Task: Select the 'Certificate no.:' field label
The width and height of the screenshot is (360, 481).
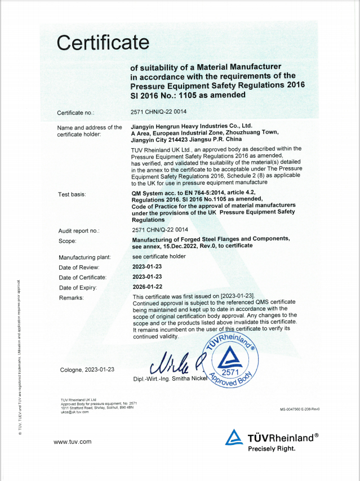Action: [x=79, y=113]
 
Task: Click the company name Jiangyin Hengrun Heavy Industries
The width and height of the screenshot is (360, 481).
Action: [x=192, y=127]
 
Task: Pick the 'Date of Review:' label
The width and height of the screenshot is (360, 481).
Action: [x=79, y=267]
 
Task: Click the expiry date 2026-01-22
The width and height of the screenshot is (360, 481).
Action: [x=147, y=287]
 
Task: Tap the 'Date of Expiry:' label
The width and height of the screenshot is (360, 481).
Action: [x=79, y=287]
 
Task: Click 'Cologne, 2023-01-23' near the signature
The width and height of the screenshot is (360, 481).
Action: [x=87, y=369]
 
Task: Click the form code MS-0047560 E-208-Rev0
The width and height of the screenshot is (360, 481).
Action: [x=299, y=409]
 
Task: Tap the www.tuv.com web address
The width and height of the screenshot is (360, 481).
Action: [x=72, y=442]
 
